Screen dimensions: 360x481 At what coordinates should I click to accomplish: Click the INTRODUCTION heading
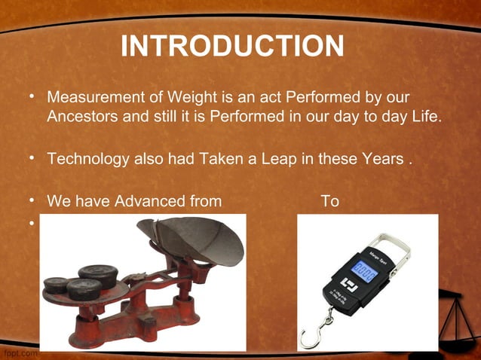pos(232,47)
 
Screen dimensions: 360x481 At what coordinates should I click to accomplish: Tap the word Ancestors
pos(79,117)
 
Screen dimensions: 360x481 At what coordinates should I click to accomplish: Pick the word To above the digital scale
pos(329,202)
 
